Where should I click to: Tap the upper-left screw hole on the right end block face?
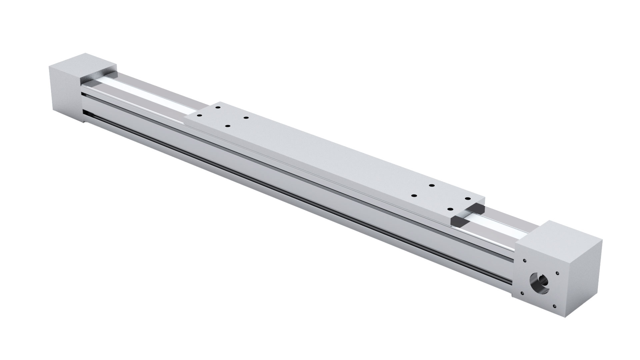tap(525, 261)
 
